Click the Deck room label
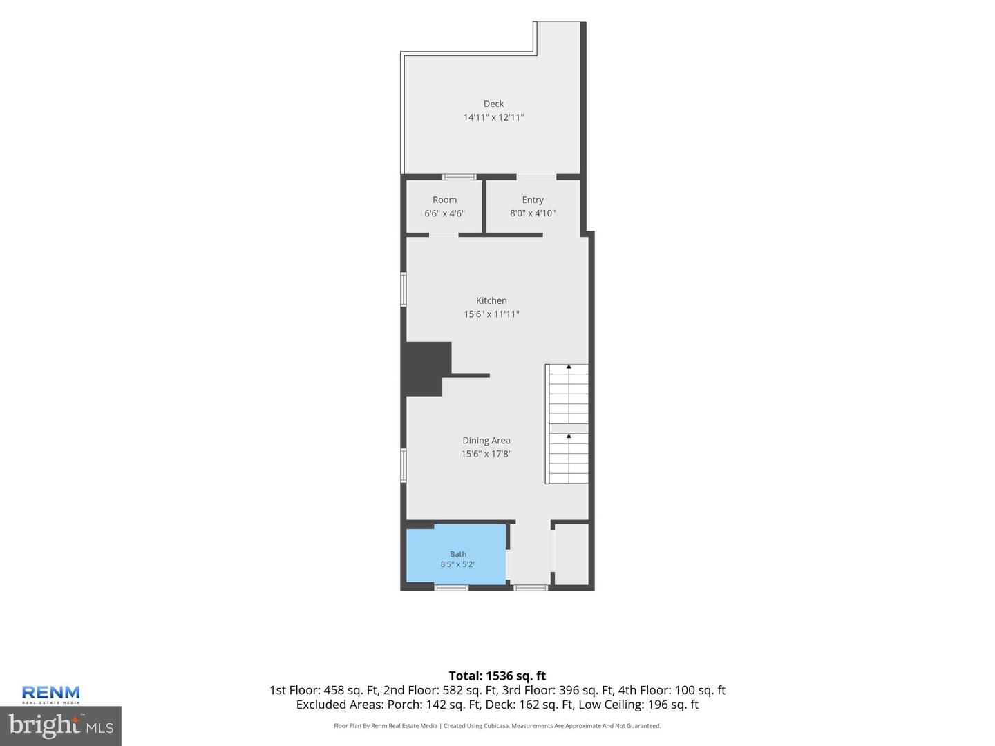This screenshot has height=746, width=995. (493, 104)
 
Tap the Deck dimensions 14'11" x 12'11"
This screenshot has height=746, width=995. (493, 117)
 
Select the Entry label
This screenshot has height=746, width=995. (532, 200)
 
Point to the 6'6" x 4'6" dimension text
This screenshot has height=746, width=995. (444, 213)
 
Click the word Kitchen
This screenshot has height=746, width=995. (491, 300)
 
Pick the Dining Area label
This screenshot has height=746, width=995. (486, 440)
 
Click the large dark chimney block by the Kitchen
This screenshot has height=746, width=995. (426, 369)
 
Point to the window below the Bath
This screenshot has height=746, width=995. (451, 588)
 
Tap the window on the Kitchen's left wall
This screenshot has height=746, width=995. (403, 289)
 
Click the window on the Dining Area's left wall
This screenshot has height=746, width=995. (403, 465)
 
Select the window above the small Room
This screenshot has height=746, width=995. (459, 177)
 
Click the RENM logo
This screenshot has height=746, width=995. (50, 694)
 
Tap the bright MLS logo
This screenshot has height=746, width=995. (61, 725)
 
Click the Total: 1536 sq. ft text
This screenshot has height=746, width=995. (497, 676)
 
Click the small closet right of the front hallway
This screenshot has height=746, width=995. (571, 555)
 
